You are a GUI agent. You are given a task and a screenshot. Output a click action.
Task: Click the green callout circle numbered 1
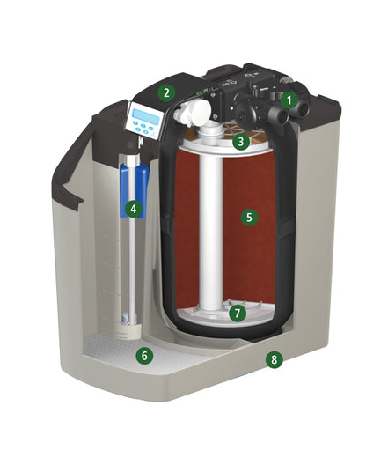289,100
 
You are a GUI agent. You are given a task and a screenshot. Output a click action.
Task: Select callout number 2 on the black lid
166,92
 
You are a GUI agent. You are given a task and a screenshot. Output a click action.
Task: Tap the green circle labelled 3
241,142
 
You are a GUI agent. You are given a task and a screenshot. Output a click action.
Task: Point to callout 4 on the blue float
134,209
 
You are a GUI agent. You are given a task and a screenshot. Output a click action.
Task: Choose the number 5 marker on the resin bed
249,217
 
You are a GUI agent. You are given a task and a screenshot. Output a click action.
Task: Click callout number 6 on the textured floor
144,355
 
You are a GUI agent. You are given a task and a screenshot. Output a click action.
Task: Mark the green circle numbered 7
237,314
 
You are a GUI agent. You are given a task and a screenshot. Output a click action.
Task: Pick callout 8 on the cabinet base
274,359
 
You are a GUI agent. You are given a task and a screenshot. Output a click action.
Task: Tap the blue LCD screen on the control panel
146,115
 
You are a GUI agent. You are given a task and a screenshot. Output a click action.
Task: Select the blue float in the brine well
134,190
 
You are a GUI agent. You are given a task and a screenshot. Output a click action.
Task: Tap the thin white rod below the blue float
132,267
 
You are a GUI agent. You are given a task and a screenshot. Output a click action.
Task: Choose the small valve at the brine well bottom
128,320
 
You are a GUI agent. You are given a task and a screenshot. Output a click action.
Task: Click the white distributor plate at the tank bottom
225,314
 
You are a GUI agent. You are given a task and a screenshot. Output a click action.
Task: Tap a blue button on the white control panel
135,122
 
